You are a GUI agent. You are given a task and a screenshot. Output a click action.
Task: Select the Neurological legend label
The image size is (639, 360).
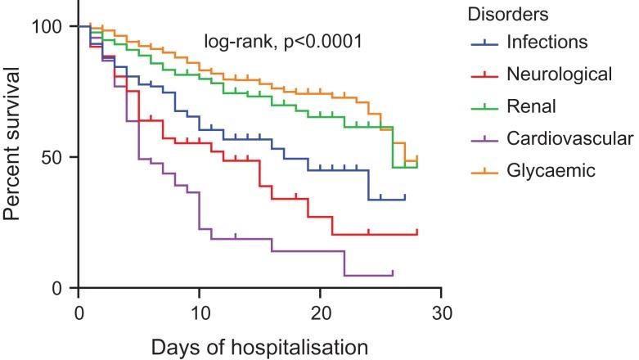click(559, 74)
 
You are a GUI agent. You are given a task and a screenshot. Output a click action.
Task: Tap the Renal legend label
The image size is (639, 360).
click(531, 106)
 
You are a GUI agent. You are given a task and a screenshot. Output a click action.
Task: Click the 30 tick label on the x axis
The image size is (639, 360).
click(442, 312)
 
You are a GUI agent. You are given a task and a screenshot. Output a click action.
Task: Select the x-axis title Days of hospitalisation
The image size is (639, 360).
click(259, 346)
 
